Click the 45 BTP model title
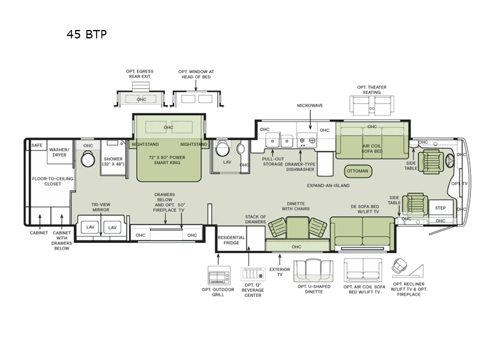click(87, 34)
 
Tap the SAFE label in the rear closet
click(37, 145)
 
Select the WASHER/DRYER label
click(59, 152)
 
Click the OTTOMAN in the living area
click(358, 170)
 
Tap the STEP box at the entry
click(440, 208)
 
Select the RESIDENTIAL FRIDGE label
click(231, 241)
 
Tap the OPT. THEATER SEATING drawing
click(371, 106)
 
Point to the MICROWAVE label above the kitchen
click(310, 106)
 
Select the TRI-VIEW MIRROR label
click(100, 207)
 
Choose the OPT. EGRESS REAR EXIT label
click(140, 74)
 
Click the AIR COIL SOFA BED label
click(371, 149)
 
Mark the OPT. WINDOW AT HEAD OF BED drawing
click(196, 98)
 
